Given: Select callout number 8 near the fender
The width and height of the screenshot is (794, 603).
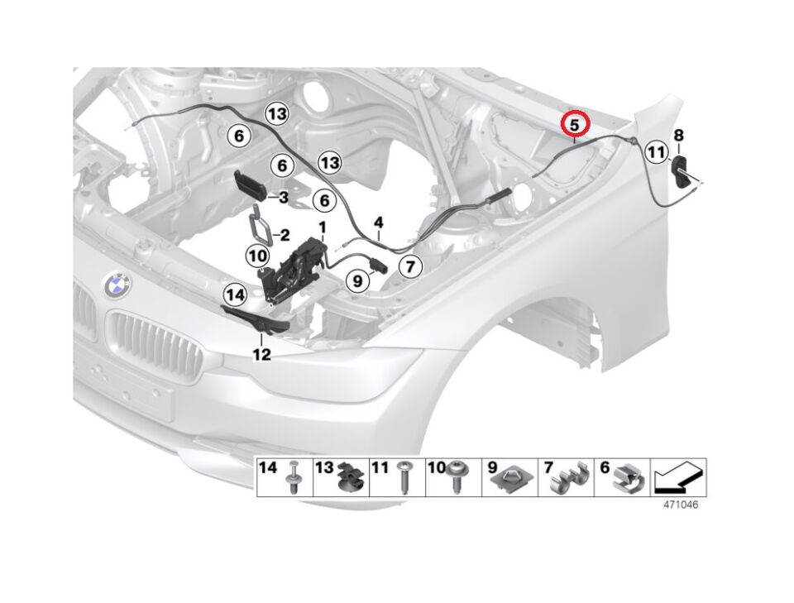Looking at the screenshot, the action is point(678,135).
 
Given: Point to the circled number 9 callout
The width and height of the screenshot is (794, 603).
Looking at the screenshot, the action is point(358,282).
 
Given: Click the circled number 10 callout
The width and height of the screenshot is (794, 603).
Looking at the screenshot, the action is point(256,256).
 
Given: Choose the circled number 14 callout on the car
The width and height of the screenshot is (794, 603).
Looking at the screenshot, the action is point(235,293).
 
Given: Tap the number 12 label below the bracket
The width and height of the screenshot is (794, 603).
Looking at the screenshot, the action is point(261,355).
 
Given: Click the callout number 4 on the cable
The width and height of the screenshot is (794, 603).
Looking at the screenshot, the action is point(378,223).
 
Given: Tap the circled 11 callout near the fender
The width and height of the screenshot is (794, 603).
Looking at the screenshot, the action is point(656,152).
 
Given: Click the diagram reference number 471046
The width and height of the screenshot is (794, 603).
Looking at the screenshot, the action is point(679,504).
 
